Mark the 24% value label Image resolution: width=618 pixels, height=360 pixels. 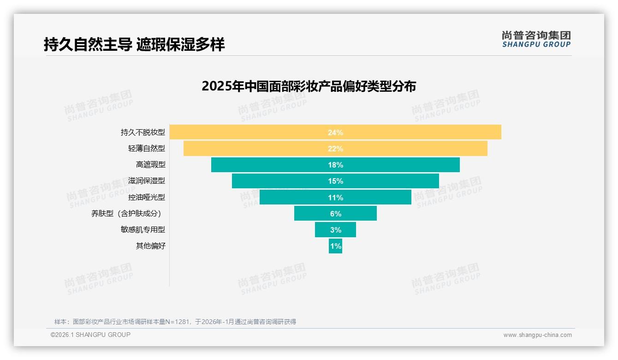coord(335,132)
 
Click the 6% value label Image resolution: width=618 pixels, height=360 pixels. coord(335,214)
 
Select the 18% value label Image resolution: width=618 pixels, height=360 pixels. coord(335,165)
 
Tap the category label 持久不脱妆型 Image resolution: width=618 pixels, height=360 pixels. coord(143,132)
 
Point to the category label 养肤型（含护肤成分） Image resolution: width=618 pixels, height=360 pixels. coord(128,214)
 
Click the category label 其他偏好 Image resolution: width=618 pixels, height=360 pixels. coord(150,246)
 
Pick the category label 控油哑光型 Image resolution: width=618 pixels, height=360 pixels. coord(147,198)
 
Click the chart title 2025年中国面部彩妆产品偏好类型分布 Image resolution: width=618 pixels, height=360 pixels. coord(309,86)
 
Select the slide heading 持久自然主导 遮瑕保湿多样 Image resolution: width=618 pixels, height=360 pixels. coord(134,45)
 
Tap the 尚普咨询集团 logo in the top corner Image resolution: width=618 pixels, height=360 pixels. coord(536,39)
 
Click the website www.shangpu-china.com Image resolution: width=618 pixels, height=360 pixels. coord(537,335)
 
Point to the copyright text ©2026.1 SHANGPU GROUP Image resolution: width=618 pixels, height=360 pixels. coord(90,335)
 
